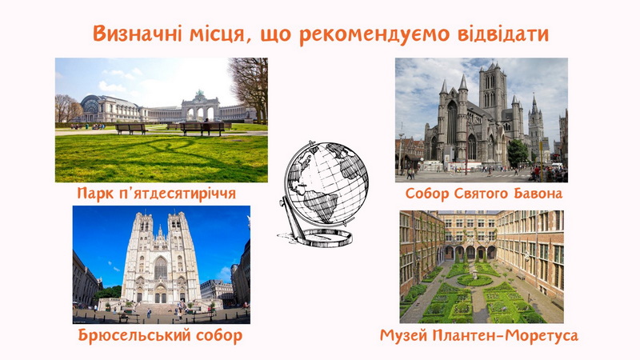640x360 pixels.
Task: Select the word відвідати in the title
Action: click(503, 34)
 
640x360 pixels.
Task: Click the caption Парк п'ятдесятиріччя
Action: click(156, 193)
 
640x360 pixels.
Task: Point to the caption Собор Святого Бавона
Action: click(484, 194)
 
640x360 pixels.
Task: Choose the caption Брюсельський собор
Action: click(161, 335)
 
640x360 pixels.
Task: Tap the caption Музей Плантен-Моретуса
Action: click(479, 335)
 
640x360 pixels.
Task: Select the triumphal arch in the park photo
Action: click(199, 107)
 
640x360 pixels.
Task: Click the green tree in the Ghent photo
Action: click(518, 153)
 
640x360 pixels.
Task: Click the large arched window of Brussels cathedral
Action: click(161, 268)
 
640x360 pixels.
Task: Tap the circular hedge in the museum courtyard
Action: click(474, 280)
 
